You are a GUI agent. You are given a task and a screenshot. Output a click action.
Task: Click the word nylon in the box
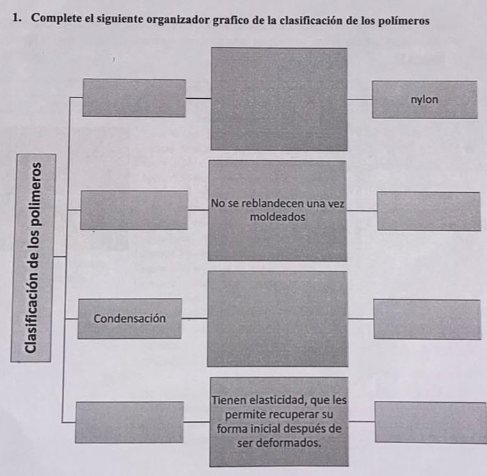coord(424,100)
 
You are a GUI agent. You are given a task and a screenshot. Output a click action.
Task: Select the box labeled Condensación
coord(129,319)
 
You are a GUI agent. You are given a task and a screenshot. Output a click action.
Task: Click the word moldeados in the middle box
coord(277,217)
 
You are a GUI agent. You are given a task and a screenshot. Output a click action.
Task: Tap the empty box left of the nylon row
coord(134,98)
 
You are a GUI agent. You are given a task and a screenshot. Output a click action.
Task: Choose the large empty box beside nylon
coord(278,99)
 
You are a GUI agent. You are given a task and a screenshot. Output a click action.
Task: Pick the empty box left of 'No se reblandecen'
coord(134,209)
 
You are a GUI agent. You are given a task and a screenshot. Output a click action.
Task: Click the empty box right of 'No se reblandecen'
coord(428,211)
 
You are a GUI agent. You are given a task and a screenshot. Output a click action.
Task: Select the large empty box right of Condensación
coord(277,319)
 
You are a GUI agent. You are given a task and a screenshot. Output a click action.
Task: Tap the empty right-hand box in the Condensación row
coord(426,319)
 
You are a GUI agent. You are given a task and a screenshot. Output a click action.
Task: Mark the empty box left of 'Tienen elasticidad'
coord(129,422)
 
